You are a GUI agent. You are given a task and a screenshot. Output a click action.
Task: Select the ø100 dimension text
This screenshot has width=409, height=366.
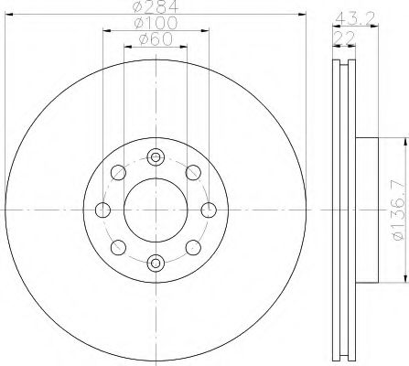pyautogui.click(x=156, y=23)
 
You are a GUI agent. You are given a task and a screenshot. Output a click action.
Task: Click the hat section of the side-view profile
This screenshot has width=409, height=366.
pyautogui.click(x=364, y=209)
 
